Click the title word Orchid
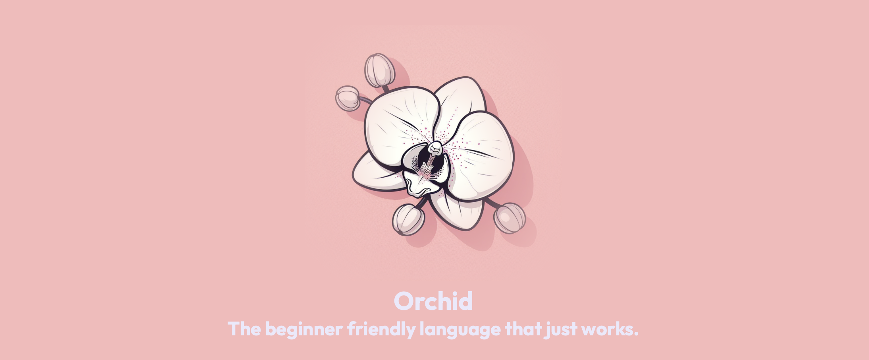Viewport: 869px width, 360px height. [x=433, y=301]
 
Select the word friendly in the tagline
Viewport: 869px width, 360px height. [x=381, y=329]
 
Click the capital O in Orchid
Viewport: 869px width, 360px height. [x=404, y=301]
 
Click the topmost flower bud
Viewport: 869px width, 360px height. [x=379, y=70]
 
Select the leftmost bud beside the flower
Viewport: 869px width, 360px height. [x=348, y=98]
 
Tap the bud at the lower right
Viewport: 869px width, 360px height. [x=509, y=218]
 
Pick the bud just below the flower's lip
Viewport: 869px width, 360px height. [x=408, y=219]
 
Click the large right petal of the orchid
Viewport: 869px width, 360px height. [x=481, y=155]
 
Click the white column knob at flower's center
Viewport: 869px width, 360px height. [x=436, y=148]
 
